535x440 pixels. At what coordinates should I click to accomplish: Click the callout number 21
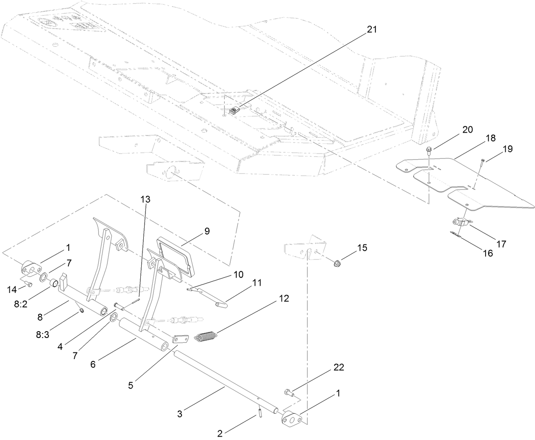point(371,29)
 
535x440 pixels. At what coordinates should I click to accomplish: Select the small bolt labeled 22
point(288,392)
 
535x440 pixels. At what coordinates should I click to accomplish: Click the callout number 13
point(145,199)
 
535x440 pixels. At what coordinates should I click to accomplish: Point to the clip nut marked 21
point(233,111)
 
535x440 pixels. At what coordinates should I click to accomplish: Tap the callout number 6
point(93,364)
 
